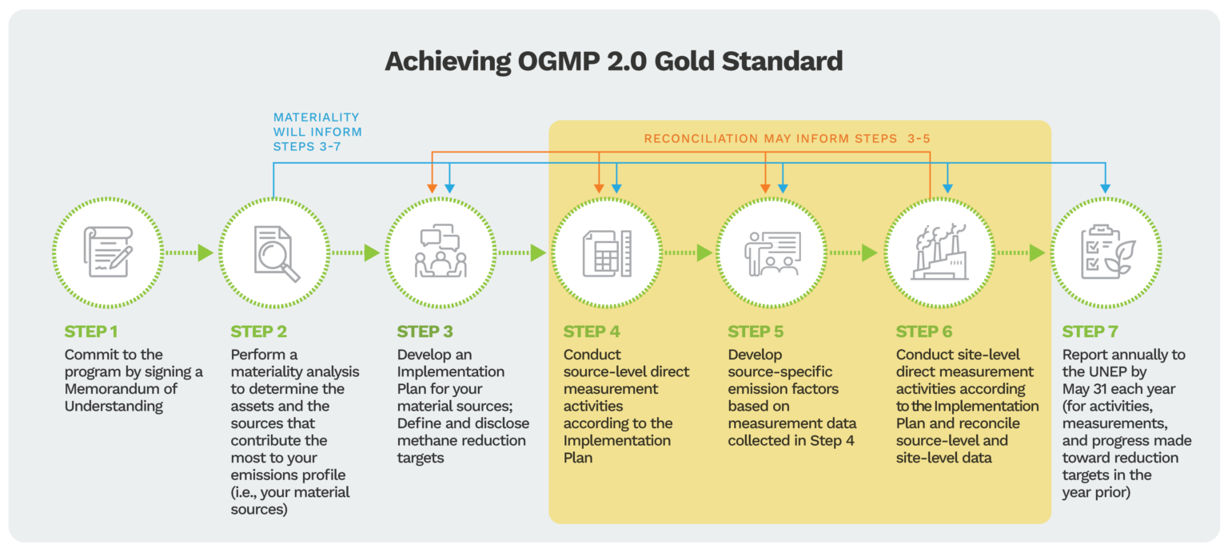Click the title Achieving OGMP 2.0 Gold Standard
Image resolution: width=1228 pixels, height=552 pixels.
[613, 62]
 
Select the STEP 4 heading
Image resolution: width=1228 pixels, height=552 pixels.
[591, 332]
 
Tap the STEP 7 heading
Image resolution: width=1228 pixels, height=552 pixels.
[1090, 332]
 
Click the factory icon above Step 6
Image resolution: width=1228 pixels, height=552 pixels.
[940, 252]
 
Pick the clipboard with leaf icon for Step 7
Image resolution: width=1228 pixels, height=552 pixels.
[1106, 252]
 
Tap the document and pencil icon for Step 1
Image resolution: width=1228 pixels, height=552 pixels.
[109, 252]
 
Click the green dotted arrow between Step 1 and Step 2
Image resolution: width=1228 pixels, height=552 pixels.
[190, 253]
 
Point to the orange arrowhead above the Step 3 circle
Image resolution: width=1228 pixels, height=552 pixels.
[432, 188]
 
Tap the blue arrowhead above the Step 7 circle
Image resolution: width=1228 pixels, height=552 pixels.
[1106, 188]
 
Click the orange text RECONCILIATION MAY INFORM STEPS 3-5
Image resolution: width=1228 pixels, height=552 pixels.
[787, 139]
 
